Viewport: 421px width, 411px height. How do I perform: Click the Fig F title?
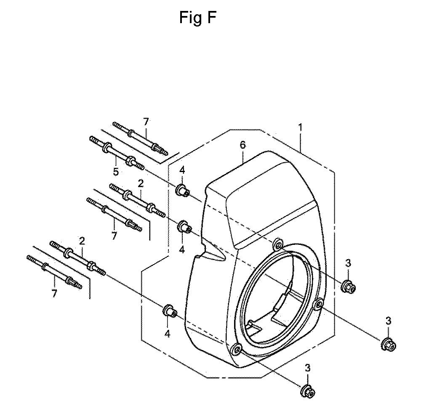[197, 18]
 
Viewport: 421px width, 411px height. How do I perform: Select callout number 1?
[301, 127]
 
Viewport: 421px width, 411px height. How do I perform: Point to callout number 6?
[242, 145]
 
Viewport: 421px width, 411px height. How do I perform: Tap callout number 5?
[116, 171]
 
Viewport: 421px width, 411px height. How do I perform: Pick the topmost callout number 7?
[146, 122]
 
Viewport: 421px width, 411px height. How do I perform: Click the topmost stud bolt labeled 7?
[140, 138]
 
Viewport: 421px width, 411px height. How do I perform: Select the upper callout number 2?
[141, 184]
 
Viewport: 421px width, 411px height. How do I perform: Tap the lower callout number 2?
[82, 241]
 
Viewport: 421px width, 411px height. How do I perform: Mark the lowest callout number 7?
[54, 294]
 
